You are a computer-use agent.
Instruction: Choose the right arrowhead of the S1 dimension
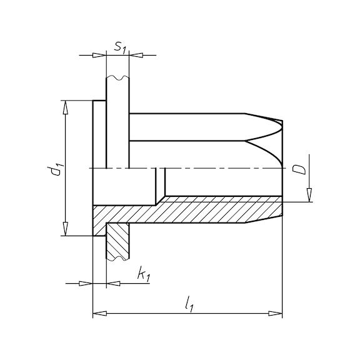pyautogui.click(x=134, y=55)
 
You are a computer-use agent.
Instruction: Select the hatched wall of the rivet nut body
pyautogui.click(x=206, y=209)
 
